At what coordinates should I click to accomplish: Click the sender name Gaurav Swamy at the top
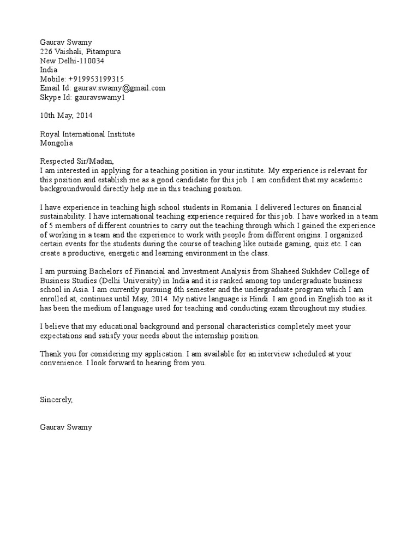[x=66, y=42]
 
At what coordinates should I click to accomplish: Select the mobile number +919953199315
[x=96, y=79]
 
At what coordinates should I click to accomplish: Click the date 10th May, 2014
[x=67, y=115]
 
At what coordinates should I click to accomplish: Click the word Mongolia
[x=56, y=143]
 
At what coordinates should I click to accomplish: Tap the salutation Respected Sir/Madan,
[x=77, y=161]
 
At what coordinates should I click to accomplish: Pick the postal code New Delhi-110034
[x=72, y=61]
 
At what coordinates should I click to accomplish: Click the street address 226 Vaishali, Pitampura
[x=81, y=51]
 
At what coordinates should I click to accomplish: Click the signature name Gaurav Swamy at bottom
[x=66, y=427]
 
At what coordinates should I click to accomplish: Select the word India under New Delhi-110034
[x=49, y=70]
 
